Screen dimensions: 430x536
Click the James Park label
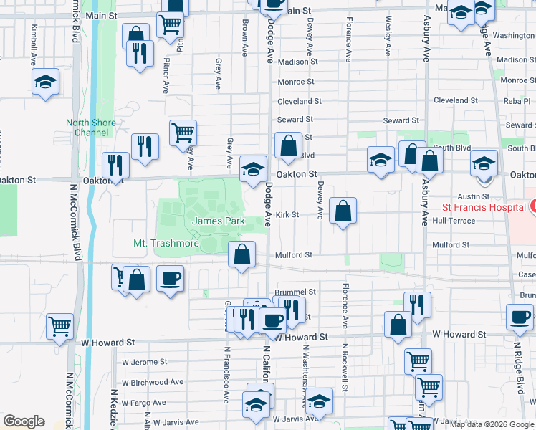pyautogui.click(x=219, y=221)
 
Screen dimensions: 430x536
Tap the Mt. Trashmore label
pyautogui.click(x=166, y=244)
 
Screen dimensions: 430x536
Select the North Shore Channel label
pyautogui.click(x=92, y=128)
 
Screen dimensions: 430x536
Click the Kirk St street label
pyautogui.click(x=287, y=214)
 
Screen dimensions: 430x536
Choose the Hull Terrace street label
pyautogui.click(x=454, y=221)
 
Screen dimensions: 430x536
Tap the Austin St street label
pyautogui.click(x=473, y=196)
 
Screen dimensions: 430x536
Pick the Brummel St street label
pyautogui.click(x=295, y=292)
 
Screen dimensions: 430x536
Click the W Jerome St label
pyautogui.click(x=144, y=362)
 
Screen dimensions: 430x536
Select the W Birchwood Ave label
pyautogui.click(x=153, y=383)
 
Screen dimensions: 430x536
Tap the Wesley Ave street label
pyautogui.click(x=388, y=37)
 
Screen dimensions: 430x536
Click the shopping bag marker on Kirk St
pyautogui.click(x=343, y=211)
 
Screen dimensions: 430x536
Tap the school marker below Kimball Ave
pyautogui.click(x=45, y=83)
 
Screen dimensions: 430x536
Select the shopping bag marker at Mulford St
pyautogui.click(x=242, y=254)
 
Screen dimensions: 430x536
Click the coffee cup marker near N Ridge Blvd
pyautogui.click(x=520, y=317)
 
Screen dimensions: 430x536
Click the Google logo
pyautogui.click(x=24, y=422)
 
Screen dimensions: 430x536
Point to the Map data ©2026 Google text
pyautogui.click(x=492, y=424)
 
